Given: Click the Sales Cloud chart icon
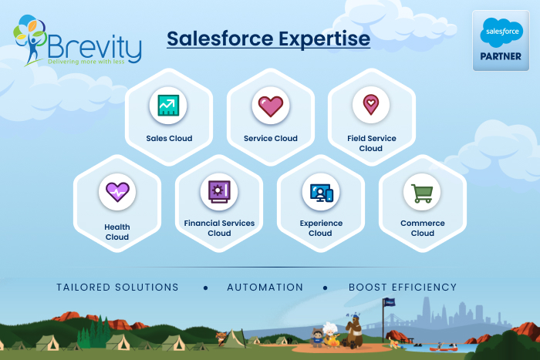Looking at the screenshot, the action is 168,106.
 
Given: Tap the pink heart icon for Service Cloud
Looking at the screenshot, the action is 271,106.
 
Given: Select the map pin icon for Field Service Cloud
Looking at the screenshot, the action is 371,105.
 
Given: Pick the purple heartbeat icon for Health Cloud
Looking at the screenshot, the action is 117,192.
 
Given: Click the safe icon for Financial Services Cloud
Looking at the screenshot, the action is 219,192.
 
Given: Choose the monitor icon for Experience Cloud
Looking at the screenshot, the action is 322,193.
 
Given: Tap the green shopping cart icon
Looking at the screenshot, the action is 422,193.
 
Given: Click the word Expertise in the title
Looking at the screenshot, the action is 325,39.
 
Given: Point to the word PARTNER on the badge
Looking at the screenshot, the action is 501,56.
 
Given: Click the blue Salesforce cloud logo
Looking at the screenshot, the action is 501,32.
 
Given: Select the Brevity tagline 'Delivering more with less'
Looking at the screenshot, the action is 86,62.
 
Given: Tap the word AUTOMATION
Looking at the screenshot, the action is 265,287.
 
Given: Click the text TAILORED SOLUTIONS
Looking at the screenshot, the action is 117,287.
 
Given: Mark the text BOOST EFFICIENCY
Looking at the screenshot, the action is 403,287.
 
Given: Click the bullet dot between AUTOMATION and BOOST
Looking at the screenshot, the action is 325,288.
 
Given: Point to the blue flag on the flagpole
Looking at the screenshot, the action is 390,302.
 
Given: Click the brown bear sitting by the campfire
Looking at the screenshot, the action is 353,332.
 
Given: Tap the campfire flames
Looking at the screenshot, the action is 333,341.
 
